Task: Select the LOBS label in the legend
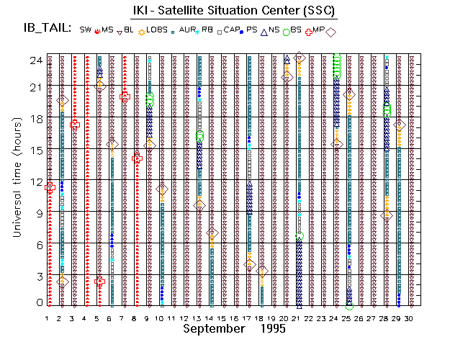pyautogui.click(x=157, y=30)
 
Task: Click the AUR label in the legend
pyautogui.click(x=189, y=30)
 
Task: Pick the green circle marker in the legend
pyautogui.click(x=287, y=31)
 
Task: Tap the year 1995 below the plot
pyautogui.click(x=273, y=328)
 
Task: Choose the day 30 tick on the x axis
pyautogui.click(x=409, y=317)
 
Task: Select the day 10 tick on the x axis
pyautogui.click(x=161, y=317)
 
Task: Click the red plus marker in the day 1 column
pyautogui.click(x=50, y=188)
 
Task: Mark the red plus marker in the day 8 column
pyautogui.click(x=138, y=158)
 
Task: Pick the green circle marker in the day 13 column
pyautogui.click(x=199, y=136)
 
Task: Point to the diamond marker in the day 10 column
pyautogui.click(x=162, y=189)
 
